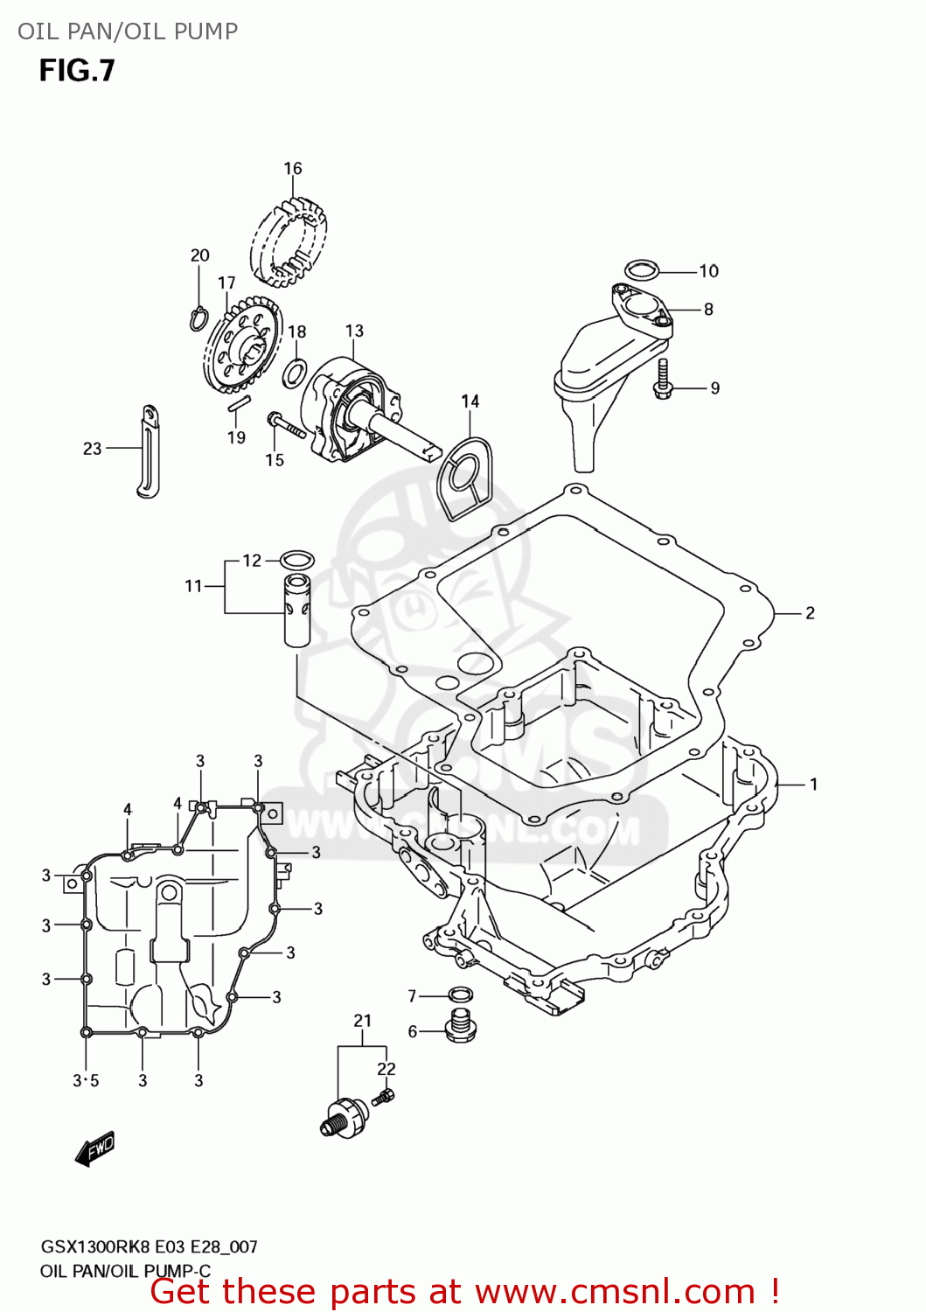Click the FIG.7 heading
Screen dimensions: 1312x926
[x=77, y=71]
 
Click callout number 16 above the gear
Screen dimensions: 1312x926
[x=293, y=168]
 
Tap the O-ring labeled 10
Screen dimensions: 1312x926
[x=642, y=268]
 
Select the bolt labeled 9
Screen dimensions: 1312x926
[x=663, y=380]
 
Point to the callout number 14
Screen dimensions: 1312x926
[x=470, y=401]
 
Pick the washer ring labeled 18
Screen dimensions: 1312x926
[x=295, y=373]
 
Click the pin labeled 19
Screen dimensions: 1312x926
[x=239, y=404]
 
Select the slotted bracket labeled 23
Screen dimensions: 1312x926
[x=150, y=452]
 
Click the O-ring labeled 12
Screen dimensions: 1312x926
[x=297, y=559]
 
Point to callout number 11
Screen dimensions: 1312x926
[x=193, y=586]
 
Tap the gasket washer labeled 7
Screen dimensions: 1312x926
[x=460, y=994]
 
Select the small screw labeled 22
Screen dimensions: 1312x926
[x=383, y=1097]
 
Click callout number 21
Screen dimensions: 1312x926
[x=363, y=1021]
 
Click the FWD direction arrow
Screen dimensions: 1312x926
[x=94, y=1150]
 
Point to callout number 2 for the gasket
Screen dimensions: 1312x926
[x=810, y=613]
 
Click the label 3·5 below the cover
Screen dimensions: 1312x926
[x=86, y=1081]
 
